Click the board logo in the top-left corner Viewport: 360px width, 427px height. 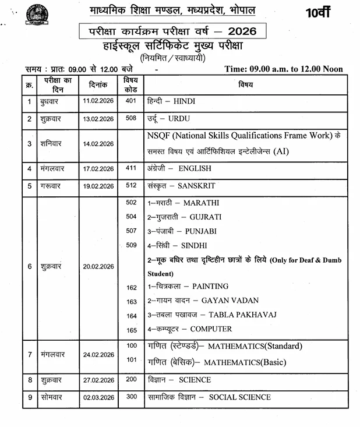click(36, 14)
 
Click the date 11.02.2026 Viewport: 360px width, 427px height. click(98, 101)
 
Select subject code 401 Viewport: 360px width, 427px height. click(130, 101)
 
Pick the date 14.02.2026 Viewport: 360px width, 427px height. click(98, 143)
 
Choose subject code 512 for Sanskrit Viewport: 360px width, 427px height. click(130, 185)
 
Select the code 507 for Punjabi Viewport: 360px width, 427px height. click(130, 230)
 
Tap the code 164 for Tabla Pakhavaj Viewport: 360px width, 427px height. click(131, 316)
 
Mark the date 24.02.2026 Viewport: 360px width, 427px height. click(98, 354)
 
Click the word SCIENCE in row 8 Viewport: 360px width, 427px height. click(195, 380)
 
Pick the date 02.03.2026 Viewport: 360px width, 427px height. click(98, 398)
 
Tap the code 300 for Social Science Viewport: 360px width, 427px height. click(130, 397)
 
